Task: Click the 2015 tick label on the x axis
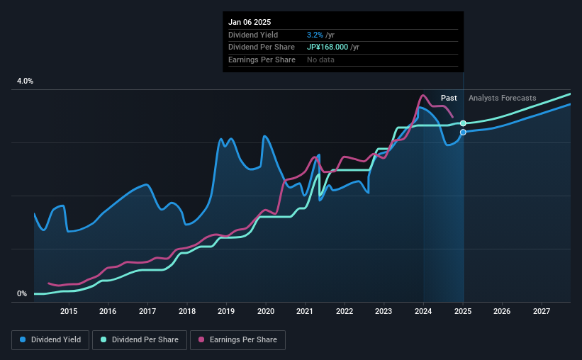[69, 311]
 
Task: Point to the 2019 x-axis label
[226, 311]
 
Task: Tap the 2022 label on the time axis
[345, 311]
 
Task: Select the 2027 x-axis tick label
[541, 311]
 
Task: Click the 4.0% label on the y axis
[25, 81]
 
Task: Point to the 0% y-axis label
[22, 293]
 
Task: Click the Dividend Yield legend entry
[50, 340]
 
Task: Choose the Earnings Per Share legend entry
[237, 340]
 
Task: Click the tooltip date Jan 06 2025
[250, 22]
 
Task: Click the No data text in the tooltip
[320, 60]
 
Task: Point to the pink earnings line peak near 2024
[423, 96]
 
